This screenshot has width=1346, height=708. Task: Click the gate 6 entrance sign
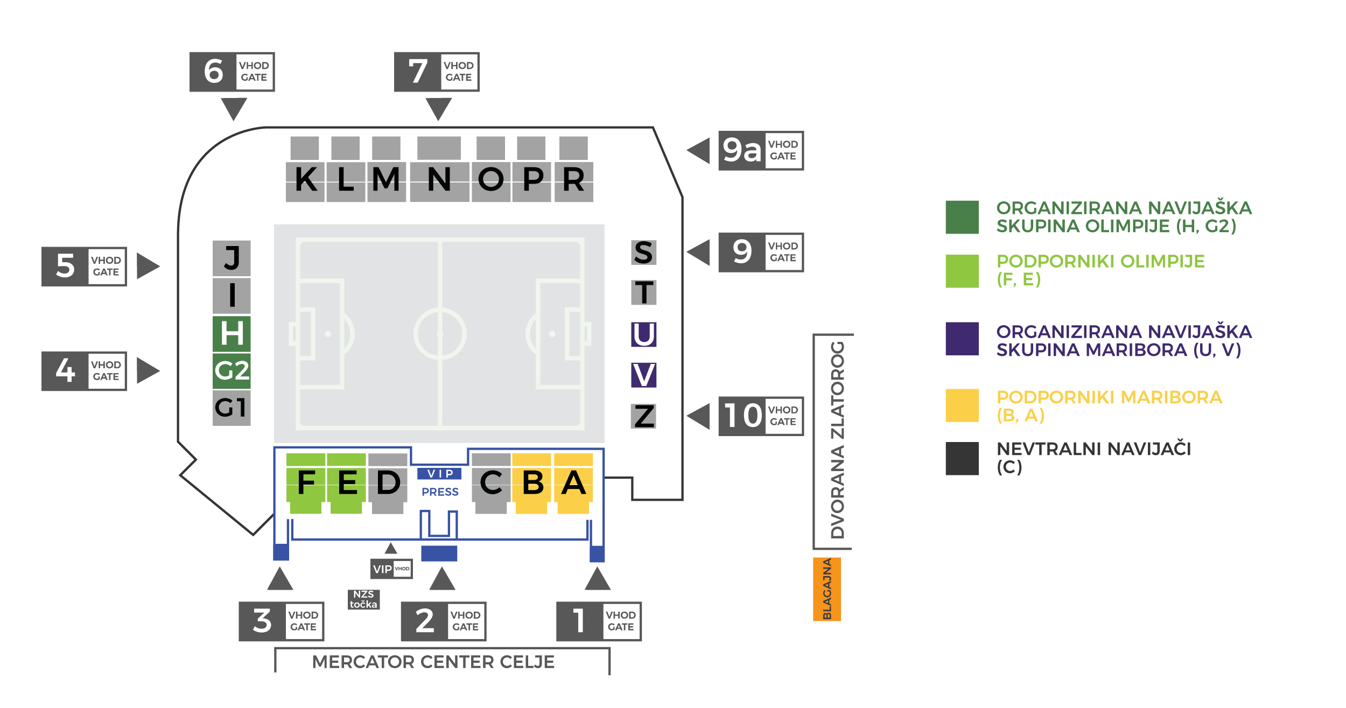click(x=232, y=72)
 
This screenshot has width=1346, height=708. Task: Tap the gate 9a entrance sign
click(x=761, y=151)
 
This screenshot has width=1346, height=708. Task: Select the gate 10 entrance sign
click(x=761, y=416)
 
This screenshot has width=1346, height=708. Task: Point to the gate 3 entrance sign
click(x=281, y=621)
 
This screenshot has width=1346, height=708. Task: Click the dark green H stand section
click(x=232, y=333)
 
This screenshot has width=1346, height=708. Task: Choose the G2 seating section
click(x=232, y=370)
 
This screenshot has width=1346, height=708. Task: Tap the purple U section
click(x=643, y=334)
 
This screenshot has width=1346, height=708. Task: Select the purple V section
click(x=643, y=375)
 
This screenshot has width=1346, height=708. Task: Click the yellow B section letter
click(x=532, y=482)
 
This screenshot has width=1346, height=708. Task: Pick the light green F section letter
click(x=306, y=482)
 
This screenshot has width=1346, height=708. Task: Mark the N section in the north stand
click(x=439, y=179)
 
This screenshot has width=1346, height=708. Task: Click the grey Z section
click(x=643, y=416)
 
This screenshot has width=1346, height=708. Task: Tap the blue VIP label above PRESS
click(x=439, y=474)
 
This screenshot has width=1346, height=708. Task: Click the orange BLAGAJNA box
click(x=827, y=590)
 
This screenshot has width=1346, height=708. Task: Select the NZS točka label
click(x=363, y=599)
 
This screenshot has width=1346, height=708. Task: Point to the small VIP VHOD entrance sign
click(x=391, y=569)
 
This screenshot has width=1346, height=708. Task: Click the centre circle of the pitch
click(x=440, y=334)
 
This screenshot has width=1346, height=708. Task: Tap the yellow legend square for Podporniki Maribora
click(x=962, y=405)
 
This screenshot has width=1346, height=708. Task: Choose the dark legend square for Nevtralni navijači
click(x=962, y=458)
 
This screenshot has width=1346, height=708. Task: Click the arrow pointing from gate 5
click(x=148, y=266)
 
